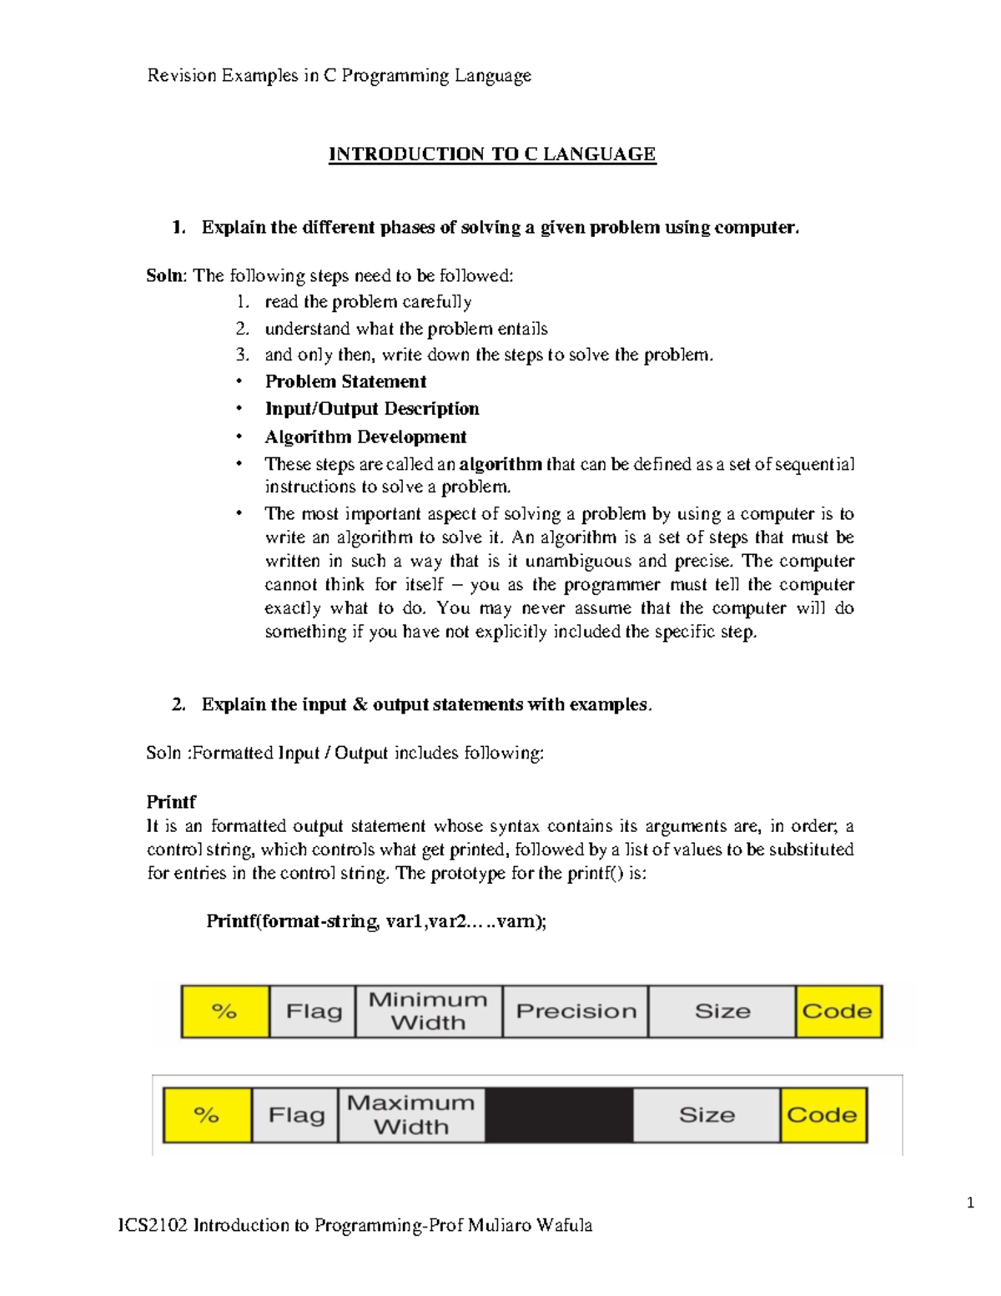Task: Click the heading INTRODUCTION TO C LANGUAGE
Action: (492, 154)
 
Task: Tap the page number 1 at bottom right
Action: (970, 1203)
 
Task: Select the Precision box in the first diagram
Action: (576, 1011)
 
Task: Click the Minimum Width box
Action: (428, 1011)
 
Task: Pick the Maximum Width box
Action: (410, 1115)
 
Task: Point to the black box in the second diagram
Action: (559, 1115)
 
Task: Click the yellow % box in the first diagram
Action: (225, 1011)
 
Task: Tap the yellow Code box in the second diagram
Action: (822, 1115)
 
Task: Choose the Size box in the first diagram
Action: (722, 1011)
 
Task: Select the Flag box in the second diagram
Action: (296, 1115)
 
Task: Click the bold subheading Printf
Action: (171, 802)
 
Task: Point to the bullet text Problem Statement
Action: (345, 382)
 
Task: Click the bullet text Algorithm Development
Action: (365, 437)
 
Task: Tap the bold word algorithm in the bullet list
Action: (500, 464)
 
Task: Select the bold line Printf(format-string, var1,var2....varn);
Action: (376, 921)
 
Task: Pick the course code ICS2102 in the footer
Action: (153, 1225)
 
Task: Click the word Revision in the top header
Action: (182, 76)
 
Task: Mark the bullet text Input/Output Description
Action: (372, 409)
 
